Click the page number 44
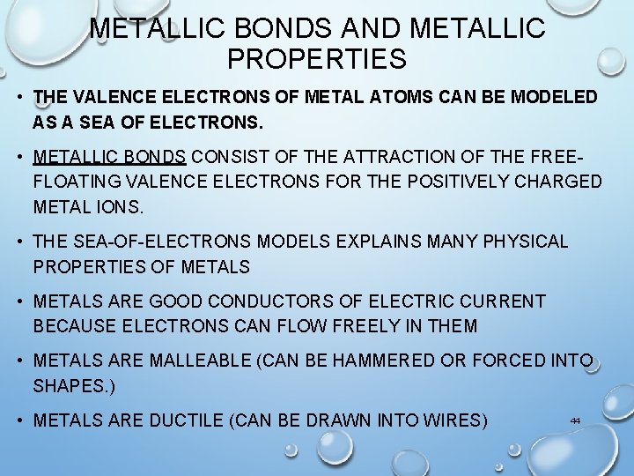pyautogui.click(x=575, y=420)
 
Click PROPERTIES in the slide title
pyautogui.click(x=317, y=59)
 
